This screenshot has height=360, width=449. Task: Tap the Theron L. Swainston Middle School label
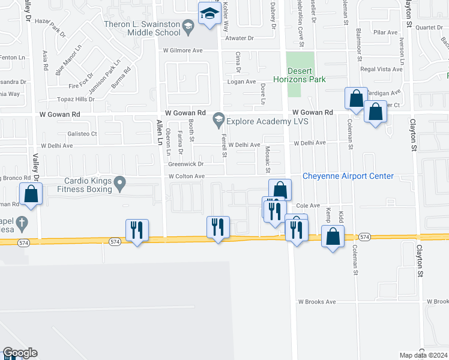tap(142, 29)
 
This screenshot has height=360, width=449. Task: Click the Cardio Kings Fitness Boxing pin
tap(121, 181)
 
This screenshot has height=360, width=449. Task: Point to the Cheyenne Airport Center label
tap(348, 176)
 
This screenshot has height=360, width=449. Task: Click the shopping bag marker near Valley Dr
tap(30, 194)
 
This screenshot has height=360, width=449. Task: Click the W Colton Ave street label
tap(187, 176)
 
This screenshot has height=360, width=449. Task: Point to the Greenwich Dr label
tap(186, 164)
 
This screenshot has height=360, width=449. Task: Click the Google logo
tap(20, 353)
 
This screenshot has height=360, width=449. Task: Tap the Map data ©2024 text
tap(424, 355)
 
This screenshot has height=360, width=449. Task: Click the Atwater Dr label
tap(240, 38)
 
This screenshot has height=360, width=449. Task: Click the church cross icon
tap(22, 222)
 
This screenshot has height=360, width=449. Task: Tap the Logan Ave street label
tap(241, 82)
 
